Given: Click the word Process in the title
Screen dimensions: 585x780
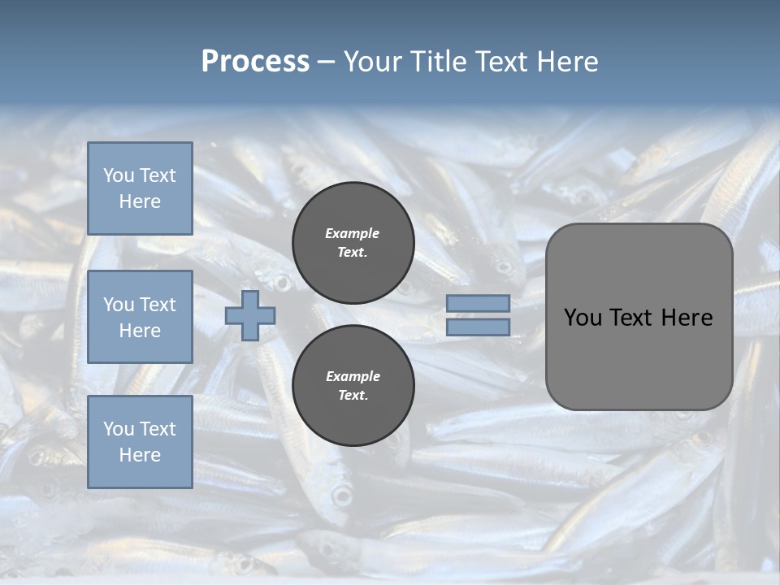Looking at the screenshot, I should tap(255, 62).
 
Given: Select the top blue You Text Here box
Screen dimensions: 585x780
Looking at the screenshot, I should tap(140, 188).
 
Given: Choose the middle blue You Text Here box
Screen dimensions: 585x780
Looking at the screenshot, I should tap(140, 317).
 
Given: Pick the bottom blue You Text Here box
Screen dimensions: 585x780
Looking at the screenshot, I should tap(140, 442).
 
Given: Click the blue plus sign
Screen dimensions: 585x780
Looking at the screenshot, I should tap(250, 315).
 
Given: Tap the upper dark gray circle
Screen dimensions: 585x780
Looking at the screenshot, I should tap(353, 242).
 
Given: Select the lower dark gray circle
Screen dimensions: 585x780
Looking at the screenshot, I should tap(353, 385).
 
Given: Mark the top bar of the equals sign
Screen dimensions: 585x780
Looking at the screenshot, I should tap(478, 303).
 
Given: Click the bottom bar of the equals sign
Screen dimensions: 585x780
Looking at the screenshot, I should tap(478, 327).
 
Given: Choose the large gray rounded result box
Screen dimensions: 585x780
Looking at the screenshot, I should tap(639, 317).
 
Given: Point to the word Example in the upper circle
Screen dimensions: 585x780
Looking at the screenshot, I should tap(352, 233).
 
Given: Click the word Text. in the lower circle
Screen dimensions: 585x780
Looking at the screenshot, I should tap(353, 396).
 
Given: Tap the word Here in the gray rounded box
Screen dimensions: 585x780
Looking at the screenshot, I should tap(687, 318).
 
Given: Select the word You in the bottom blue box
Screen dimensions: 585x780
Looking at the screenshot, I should tap(117, 429).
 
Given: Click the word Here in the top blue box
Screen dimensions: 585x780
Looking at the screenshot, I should tap(140, 201).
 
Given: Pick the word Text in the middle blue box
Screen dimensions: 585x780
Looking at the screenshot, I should tap(157, 305).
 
